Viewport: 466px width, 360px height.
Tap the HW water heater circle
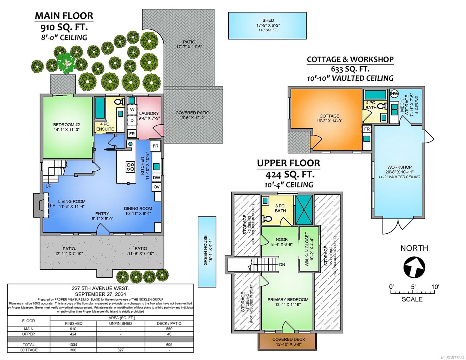[394, 94]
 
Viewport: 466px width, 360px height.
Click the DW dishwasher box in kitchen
[156, 178]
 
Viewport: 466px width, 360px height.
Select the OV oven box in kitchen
[156, 187]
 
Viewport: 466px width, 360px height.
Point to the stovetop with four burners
[130, 167]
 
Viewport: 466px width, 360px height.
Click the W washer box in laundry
[132, 109]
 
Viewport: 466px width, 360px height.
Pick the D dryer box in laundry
[132, 121]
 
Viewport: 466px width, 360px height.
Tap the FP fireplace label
[53, 205]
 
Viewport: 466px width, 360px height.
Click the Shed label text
[268, 20]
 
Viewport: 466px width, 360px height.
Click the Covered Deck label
[288, 339]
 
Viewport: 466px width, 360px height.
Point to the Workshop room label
[399, 167]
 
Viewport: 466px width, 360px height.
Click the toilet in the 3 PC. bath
[266, 219]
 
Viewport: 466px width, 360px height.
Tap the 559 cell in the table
[169, 329]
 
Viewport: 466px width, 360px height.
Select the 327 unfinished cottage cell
[121, 350]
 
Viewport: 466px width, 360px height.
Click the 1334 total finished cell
[73, 345]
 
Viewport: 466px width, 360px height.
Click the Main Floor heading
[64, 16]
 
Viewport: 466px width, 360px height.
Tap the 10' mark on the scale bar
[435, 287]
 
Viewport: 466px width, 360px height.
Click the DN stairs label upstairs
[282, 265]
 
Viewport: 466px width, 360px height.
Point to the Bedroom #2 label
[67, 124]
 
